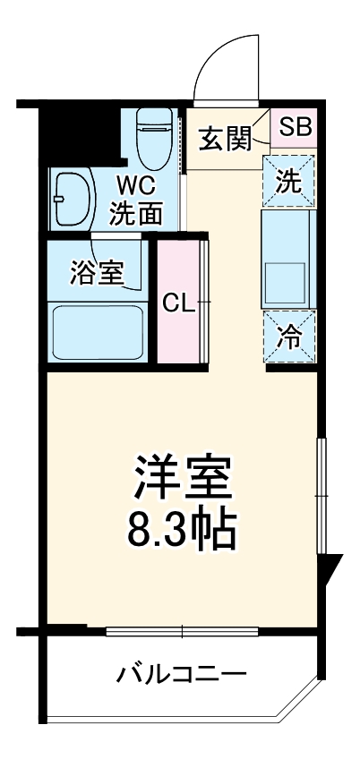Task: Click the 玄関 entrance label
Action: coord(225,140)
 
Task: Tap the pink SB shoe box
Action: coord(294,127)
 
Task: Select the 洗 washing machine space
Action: coord(287,182)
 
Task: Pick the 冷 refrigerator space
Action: coord(287,337)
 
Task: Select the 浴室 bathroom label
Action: coord(98,270)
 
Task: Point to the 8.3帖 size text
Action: coord(183,530)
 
